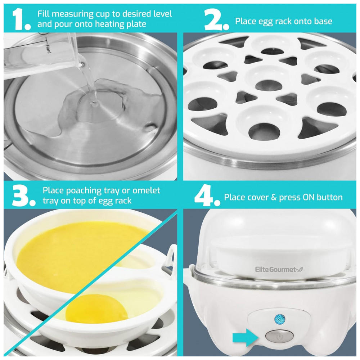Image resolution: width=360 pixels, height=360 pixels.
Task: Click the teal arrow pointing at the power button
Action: tap(246, 337)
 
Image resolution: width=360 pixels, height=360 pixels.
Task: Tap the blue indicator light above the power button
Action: tap(280, 319)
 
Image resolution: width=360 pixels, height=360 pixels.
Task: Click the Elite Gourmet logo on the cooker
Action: tap(279, 269)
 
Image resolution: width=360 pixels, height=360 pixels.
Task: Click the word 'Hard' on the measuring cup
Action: tap(48, 49)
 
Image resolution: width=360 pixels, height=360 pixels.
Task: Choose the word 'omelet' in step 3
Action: tap(146, 190)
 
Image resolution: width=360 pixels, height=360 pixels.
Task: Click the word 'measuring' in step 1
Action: tap(72, 14)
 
